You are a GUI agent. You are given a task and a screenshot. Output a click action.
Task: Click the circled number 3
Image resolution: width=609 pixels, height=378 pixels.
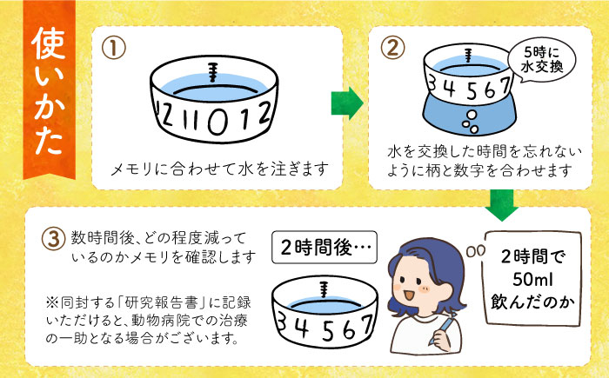pos(54,238)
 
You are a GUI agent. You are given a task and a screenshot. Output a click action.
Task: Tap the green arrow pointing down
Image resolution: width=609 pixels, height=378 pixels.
pos(500,205)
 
